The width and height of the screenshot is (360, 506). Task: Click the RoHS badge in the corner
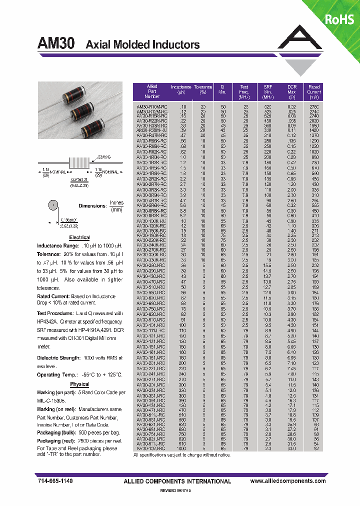[339, 19]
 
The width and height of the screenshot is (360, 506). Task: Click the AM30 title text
[56, 44]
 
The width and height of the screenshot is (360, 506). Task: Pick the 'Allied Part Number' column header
[152, 91]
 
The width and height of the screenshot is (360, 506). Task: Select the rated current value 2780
[314, 107]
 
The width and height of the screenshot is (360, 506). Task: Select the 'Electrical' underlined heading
[79, 237]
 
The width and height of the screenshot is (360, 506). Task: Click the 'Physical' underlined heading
[79, 384]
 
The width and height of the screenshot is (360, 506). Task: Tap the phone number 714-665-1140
[55, 480]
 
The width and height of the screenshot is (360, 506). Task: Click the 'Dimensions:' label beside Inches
[92, 206]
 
